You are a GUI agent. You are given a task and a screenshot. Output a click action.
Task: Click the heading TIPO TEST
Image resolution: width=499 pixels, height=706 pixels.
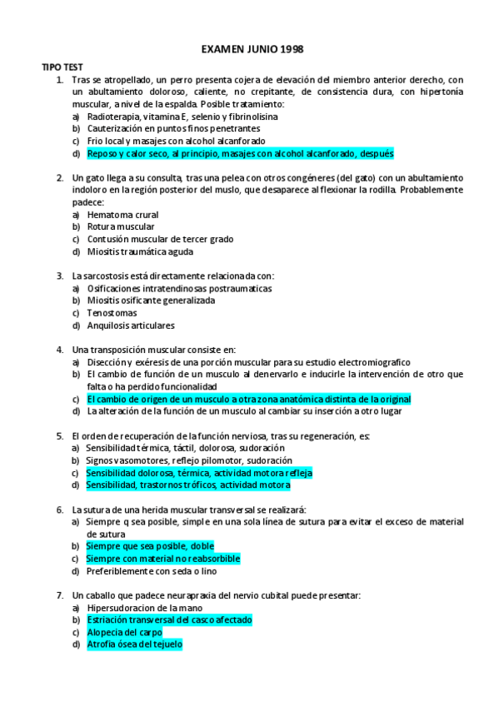(62, 66)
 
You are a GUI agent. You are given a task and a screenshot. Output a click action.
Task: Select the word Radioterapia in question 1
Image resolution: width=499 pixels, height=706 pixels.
(111, 117)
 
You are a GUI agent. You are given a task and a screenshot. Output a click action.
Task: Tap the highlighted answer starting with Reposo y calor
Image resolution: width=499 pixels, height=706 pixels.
(228, 154)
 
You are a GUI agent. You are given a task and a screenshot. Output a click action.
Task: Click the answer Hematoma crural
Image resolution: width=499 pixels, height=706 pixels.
(122, 214)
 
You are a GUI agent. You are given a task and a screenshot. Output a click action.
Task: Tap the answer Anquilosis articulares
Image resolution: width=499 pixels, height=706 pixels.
(130, 326)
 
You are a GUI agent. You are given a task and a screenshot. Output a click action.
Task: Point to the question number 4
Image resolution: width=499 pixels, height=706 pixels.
(60, 350)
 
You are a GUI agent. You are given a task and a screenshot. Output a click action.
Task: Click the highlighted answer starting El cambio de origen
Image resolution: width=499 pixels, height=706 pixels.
(248, 399)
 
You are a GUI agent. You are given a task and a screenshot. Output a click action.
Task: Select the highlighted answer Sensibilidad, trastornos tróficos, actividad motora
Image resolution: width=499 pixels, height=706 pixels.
(187, 485)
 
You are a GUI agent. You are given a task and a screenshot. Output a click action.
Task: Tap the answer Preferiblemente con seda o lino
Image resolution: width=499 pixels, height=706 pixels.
(152, 571)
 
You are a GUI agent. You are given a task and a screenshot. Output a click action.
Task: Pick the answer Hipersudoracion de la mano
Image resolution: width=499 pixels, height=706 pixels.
(138, 608)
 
